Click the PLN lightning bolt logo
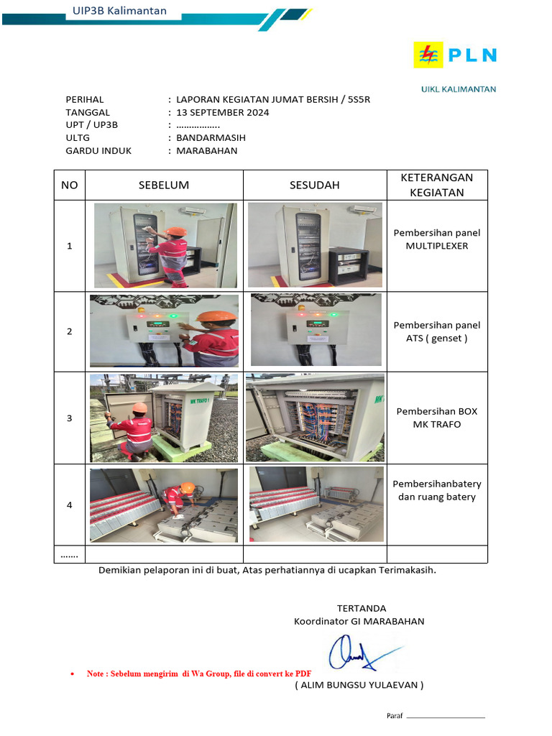tap(428, 55)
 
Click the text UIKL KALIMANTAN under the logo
tap(458, 89)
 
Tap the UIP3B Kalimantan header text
tap(119, 11)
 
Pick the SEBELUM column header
tap(164, 185)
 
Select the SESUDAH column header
tap(314, 185)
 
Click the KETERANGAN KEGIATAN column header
tap(436, 185)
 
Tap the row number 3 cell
tap(70, 418)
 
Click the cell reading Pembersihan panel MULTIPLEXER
tap(436, 239)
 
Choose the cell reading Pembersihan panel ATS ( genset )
tap(436, 331)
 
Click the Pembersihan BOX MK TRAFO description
tap(436, 418)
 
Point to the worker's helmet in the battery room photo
tap(187, 488)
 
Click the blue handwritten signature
tap(359, 653)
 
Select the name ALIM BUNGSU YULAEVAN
tap(359, 685)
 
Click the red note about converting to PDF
tap(198, 673)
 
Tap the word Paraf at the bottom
tap(394, 716)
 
